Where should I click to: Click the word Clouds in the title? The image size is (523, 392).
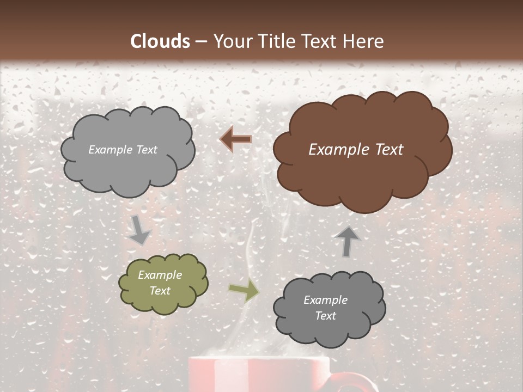point(160,41)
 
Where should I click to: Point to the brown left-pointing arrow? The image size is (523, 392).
point(236,140)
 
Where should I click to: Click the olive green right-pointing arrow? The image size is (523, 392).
point(244,292)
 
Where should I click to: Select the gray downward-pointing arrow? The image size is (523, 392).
point(139,229)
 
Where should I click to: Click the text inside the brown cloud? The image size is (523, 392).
point(356,150)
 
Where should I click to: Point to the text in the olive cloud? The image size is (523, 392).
point(160,283)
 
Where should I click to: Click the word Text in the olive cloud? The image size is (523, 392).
point(160,291)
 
